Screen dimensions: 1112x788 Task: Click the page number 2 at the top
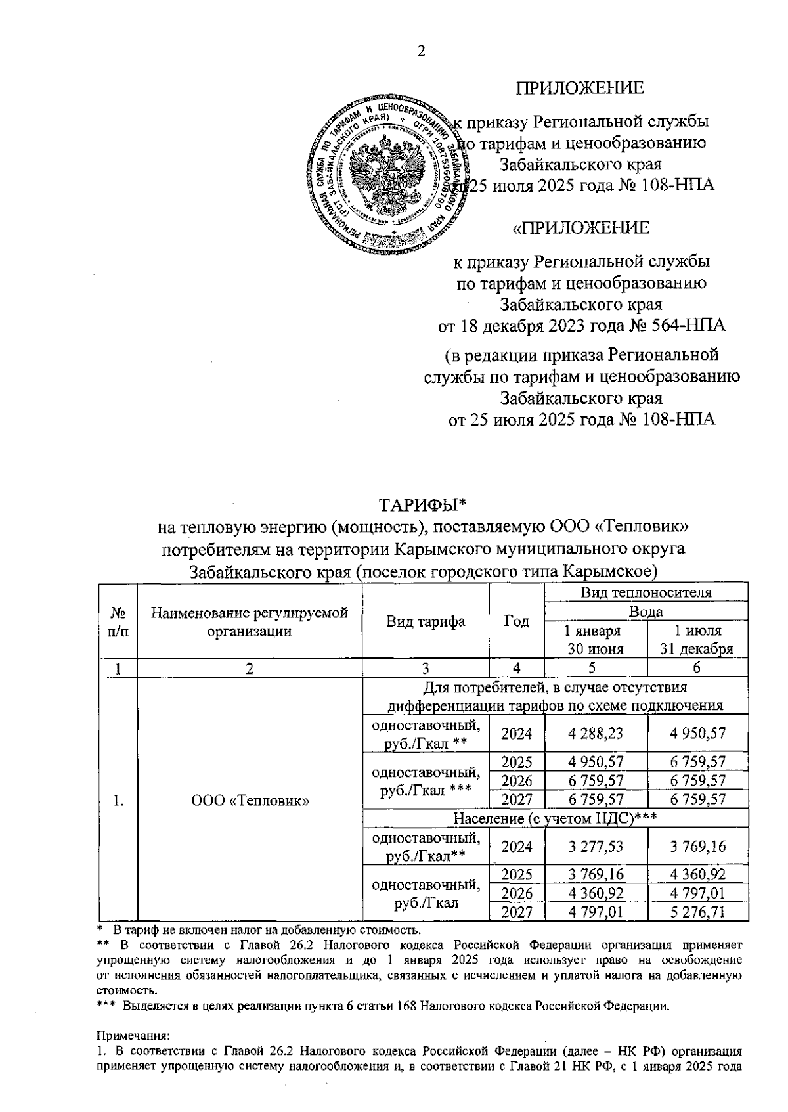[x=421, y=52]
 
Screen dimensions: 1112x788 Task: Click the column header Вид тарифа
[x=426, y=621]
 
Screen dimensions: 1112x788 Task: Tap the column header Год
[x=517, y=621]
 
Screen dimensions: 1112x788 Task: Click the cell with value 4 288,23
[x=596, y=734]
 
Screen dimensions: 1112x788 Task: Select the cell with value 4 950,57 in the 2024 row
[x=698, y=734]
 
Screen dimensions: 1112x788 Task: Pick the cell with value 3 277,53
[x=596, y=846]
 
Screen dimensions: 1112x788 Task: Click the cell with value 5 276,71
[x=698, y=912]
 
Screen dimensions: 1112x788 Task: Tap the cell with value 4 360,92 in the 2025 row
[x=698, y=874]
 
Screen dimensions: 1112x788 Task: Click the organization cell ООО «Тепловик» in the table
[x=250, y=800]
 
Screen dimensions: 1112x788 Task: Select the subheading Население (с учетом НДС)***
[x=556, y=818]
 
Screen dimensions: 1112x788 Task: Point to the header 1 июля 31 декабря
[x=698, y=640]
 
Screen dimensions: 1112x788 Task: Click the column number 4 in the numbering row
[x=517, y=669]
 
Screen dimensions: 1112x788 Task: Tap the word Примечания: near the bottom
[x=133, y=1036]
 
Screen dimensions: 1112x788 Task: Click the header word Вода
[x=646, y=612]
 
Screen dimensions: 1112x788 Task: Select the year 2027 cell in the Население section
[x=517, y=912]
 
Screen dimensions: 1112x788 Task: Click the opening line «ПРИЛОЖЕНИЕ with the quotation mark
[x=580, y=228]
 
